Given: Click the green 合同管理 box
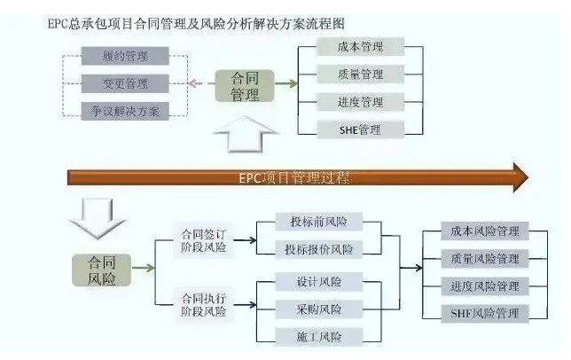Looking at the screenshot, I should pos(245,85).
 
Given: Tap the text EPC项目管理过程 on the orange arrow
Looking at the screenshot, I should pos(293,176).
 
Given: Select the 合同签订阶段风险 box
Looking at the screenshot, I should pos(204,240).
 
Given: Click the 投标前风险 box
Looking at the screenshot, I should pos(320,222).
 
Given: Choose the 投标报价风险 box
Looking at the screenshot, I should pos(320,250).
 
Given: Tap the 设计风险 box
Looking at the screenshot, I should pos(320,282).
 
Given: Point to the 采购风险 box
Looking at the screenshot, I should pos(320,309).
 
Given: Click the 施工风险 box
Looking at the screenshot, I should pos(320,336).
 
